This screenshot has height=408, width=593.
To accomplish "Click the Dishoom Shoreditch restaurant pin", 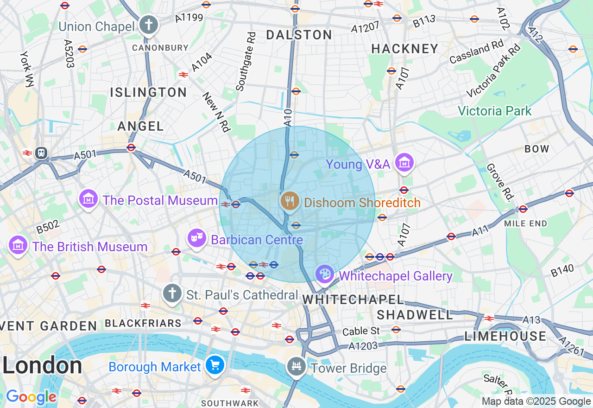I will click(290, 201).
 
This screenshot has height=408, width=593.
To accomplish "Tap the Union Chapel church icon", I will click(149, 25).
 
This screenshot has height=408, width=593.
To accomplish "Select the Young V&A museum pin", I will click(405, 163).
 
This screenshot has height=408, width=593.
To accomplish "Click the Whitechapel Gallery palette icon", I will click(324, 274).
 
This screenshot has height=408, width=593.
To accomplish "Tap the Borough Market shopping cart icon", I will click(215, 365).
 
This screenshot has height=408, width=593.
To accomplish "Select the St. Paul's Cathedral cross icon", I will click(172, 293).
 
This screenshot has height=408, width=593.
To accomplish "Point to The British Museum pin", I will click(18, 245).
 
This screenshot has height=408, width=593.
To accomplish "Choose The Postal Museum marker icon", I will click(88, 199).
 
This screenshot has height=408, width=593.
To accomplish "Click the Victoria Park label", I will click(494, 111).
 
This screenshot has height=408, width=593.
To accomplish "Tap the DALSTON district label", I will click(299, 35).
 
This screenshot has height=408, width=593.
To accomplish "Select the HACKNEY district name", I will click(404, 49).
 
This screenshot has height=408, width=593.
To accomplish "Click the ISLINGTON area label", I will click(148, 92).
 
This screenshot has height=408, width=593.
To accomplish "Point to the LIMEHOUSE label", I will click(505, 336).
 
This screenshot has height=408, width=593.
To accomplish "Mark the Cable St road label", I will click(361, 331).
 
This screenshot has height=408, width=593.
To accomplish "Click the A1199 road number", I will click(189, 18).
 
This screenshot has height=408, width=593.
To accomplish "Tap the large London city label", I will click(42, 365).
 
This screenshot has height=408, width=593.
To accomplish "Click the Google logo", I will click(31, 397).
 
